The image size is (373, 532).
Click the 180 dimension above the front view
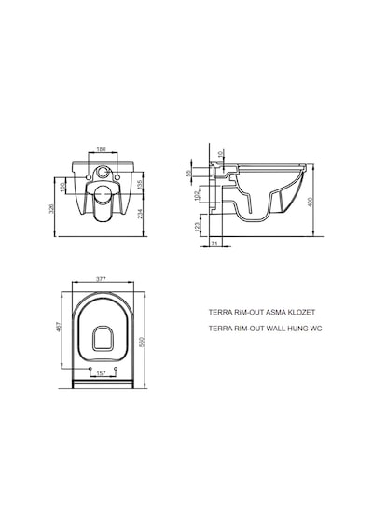[102, 149]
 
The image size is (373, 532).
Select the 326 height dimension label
[51, 207]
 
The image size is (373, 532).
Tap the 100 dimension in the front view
[62, 187]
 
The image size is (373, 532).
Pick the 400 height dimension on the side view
[310, 202]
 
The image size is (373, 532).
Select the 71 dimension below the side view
[214, 244]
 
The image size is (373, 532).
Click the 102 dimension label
[198, 196]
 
